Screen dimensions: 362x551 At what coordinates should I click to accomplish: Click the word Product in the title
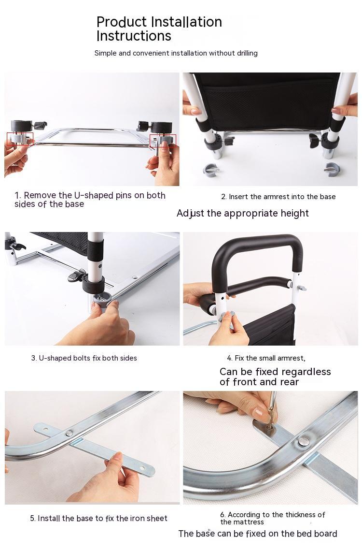(x=122, y=22)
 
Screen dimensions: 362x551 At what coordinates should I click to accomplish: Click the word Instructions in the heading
(x=134, y=36)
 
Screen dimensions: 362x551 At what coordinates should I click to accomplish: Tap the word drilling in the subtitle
(x=246, y=53)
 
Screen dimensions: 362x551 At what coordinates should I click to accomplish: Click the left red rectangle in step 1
(x=20, y=139)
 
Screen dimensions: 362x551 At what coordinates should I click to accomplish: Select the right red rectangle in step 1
(x=163, y=141)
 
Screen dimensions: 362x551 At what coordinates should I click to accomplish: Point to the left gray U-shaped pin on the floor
(x=211, y=171)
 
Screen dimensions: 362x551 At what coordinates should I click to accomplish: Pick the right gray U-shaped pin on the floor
(x=331, y=169)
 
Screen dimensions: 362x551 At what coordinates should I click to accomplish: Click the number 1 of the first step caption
(x=17, y=196)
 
